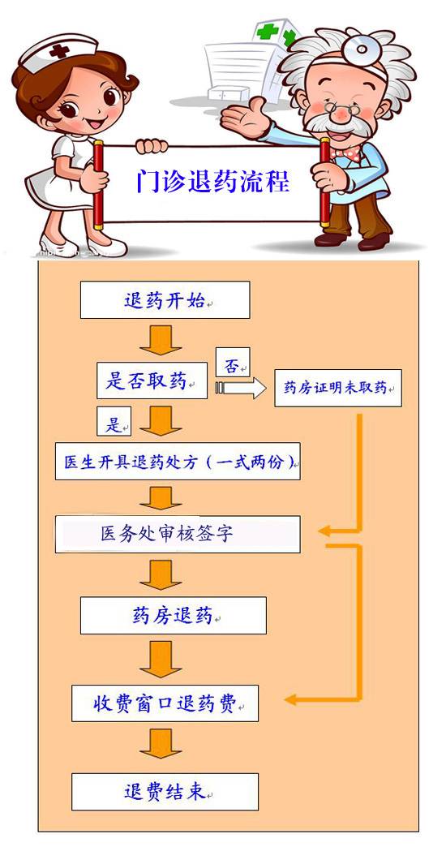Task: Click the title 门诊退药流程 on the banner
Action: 212,182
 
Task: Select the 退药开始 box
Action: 165,300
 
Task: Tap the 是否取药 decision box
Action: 152,381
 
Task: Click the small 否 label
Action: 233,362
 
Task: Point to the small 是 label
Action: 114,422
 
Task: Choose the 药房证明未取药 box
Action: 338,388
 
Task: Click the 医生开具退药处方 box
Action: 178,462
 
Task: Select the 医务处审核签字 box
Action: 178,534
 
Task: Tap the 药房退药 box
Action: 174,615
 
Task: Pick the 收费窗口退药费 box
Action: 165,703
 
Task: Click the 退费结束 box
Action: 165,792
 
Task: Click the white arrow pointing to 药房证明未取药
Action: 241,388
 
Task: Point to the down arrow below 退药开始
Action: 161,340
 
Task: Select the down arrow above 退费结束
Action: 161,743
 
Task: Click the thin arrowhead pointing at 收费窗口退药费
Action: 291,700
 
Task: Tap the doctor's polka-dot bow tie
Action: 345,153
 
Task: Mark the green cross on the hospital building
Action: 268,32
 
